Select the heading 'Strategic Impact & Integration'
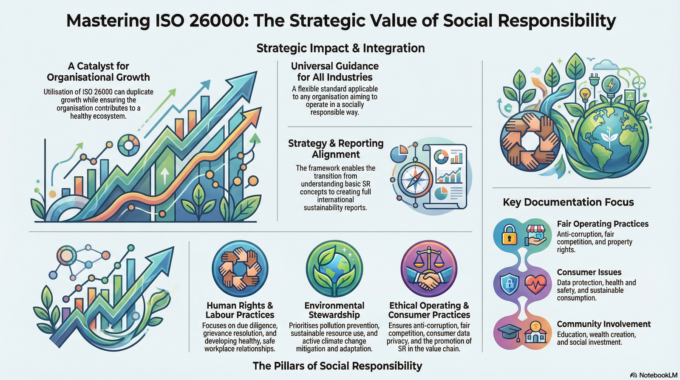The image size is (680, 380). point(340,48)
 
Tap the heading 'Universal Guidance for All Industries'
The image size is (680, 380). point(335,71)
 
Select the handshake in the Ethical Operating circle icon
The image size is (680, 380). point(429,280)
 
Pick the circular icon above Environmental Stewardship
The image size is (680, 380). point(334,268)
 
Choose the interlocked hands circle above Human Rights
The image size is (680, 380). point(240,268)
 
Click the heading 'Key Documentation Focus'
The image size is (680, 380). point(568,202)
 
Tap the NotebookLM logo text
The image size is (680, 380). point(658,375)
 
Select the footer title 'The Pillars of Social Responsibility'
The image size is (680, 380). point(337,366)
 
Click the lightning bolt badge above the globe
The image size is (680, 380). point(610,85)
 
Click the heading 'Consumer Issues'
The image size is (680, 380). point(589,272)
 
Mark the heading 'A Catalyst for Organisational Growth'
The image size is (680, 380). point(98,71)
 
